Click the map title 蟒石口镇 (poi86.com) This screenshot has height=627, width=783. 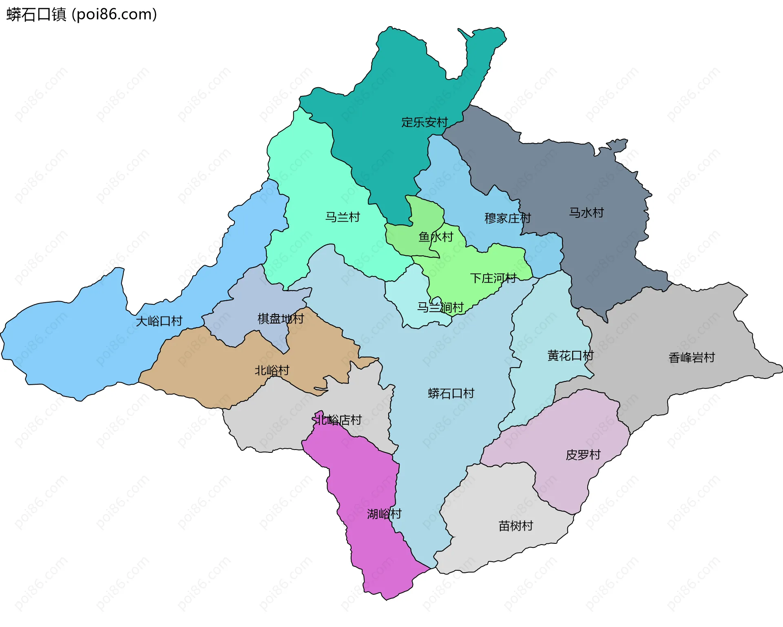click(x=82, y=15)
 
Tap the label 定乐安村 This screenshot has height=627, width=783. click(x=424, y=122)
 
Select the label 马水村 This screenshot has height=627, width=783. click(x=586, y=213)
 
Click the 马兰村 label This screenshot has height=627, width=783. click(x=343, y=217)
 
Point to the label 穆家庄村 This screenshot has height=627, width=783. click(x=507, y=218)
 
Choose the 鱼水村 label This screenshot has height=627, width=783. click(x=436, y=237)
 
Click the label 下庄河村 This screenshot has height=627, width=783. click(x=493, y=278)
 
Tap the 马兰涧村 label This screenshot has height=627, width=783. click(x=440, y=307)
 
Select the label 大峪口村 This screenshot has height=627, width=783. click(x=159, y=321)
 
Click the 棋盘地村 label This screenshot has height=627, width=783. click(x=281, y=319)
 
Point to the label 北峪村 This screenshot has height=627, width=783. click(x=272, y=370)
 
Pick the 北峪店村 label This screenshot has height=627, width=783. click(x=338, y=420)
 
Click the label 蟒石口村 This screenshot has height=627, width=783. click(x=451, y=393)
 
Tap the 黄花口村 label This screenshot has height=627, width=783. click(x=570, y=356)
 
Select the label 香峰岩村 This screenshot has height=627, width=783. click(x=692, y=358)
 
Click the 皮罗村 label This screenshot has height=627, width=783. click(x=583, y=455)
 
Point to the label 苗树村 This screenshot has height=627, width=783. click(x=515, y=526)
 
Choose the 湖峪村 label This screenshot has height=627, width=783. click(x=384, y=514)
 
